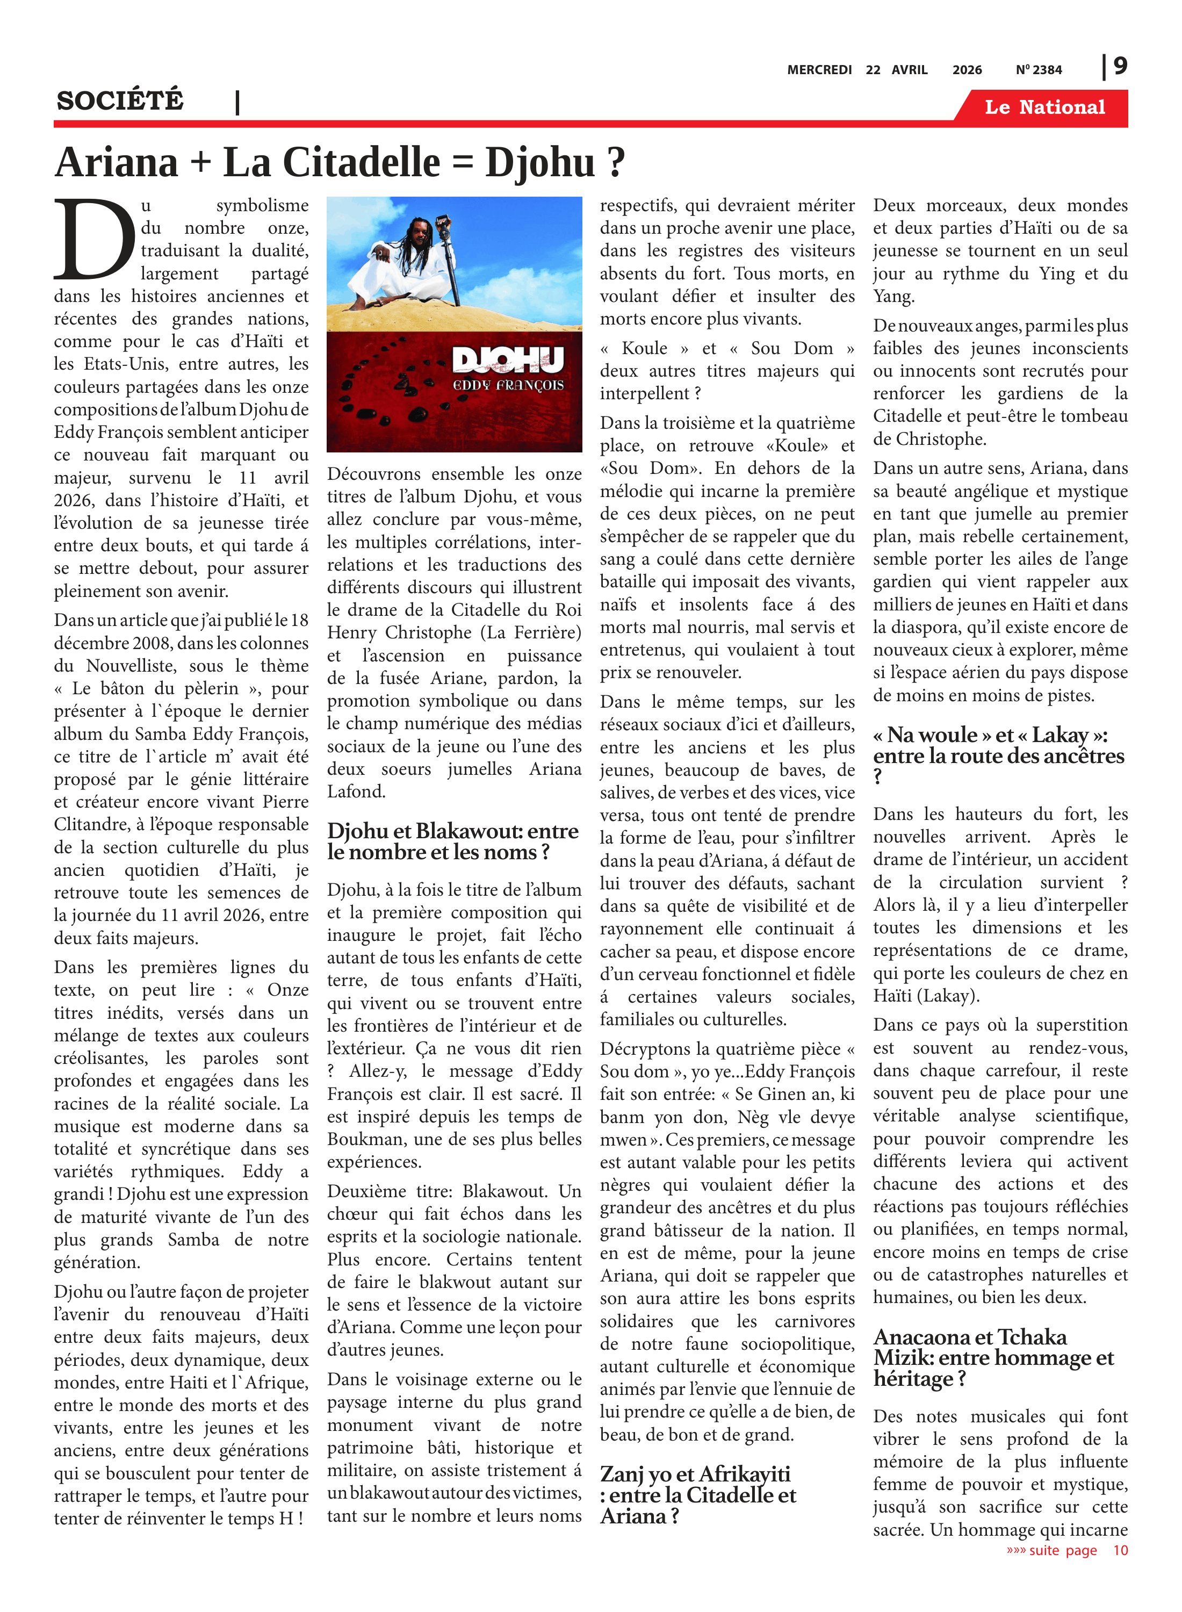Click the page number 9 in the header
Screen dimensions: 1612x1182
pyautogui.click(x=1120, y=66)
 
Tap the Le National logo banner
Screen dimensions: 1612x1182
pyautogui.click(x=1044, y=107)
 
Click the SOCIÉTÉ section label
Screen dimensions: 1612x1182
pyautogui.click(x=120, y=101)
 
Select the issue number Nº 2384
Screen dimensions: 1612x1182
pyautogui.click(x=1039, y=70)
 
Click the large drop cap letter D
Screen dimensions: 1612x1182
pyautogui.click(x=95, y=240)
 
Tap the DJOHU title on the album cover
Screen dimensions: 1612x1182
pyautogui.click(x=508, y=360)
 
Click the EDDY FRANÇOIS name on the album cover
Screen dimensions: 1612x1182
pyautogui.click(x=508, y=386)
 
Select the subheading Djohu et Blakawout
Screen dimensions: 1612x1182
pyautogui.click(x=453, y=841)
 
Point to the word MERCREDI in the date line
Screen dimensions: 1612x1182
pyautogui.click(x=819, y=70)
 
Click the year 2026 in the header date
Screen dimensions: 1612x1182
pyautogui.click(x=967, y=70)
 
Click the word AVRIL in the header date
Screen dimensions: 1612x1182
pyautogui.click(x=910, y=70)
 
